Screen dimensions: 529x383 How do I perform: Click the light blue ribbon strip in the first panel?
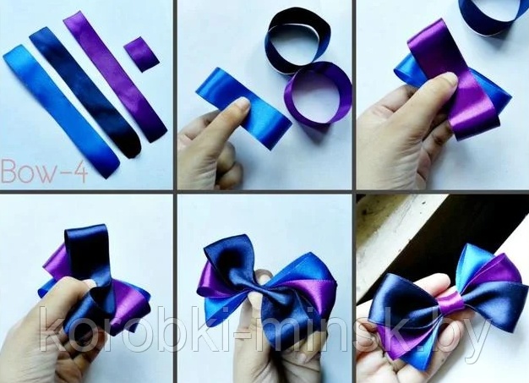point(61,112)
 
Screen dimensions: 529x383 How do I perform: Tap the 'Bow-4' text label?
point(45,172)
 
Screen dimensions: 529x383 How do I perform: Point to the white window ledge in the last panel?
point(405,229)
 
